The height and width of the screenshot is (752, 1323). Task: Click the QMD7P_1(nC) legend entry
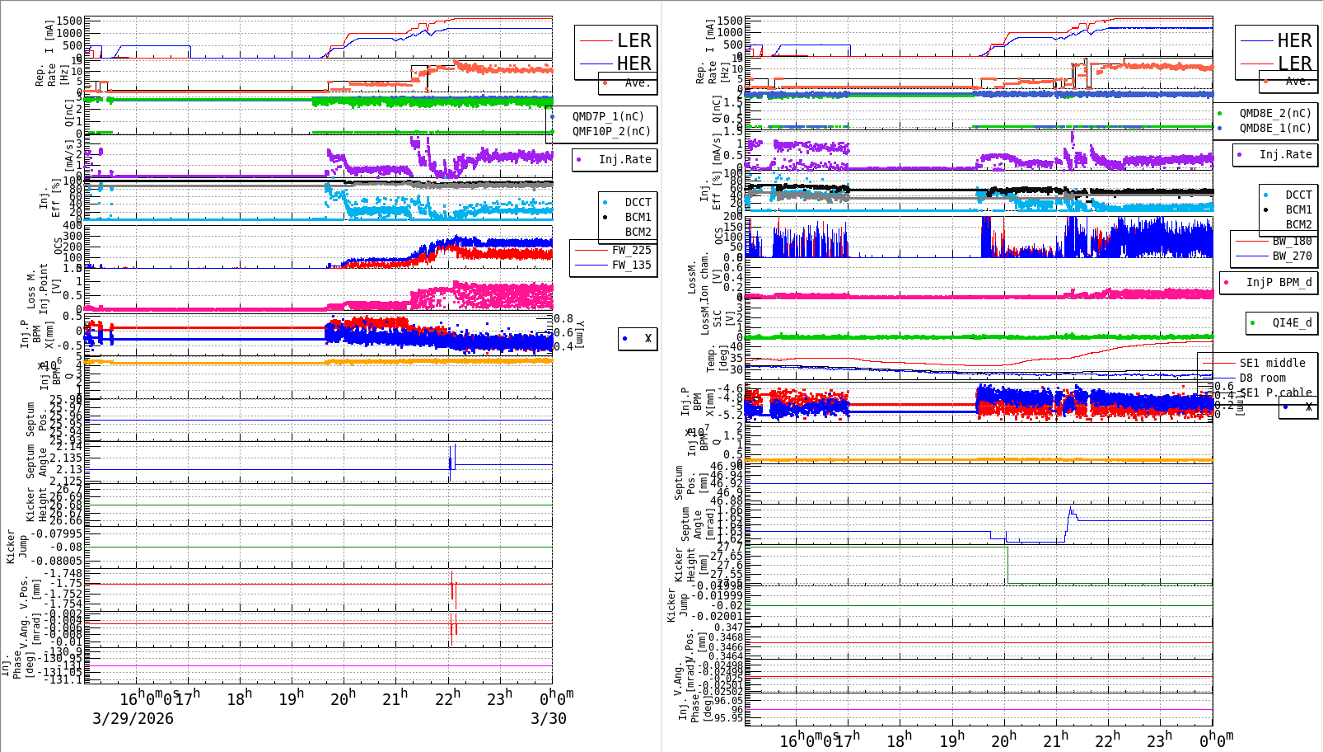tap(608, 116)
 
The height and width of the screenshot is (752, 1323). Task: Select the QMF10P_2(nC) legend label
tap(611, 131)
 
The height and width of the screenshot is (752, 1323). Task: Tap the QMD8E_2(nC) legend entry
tap(1274, 113)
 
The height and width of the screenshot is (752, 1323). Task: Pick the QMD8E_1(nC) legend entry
tap(1274, 128)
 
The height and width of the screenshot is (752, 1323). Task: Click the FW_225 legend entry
tap(631, 250)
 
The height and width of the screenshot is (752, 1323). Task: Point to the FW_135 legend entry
tap(631, 265)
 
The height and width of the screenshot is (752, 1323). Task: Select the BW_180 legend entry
tap(1292, 241)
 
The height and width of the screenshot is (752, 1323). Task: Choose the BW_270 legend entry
tap(1292, 256)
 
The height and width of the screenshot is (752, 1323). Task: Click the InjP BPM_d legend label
tap(1279, 282)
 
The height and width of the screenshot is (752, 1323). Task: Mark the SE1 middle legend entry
tap(1272, 363)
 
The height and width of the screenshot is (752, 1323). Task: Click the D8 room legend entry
tap(1262, 378)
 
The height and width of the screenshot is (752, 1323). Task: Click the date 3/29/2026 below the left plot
tap(133, 718)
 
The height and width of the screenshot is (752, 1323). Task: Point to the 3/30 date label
tap(548, 718)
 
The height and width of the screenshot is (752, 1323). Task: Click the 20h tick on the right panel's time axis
tap(1003, 740)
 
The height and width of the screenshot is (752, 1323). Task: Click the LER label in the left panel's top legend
tap(633, 40)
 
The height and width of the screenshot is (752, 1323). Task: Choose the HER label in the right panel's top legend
tap(1293, 40)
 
